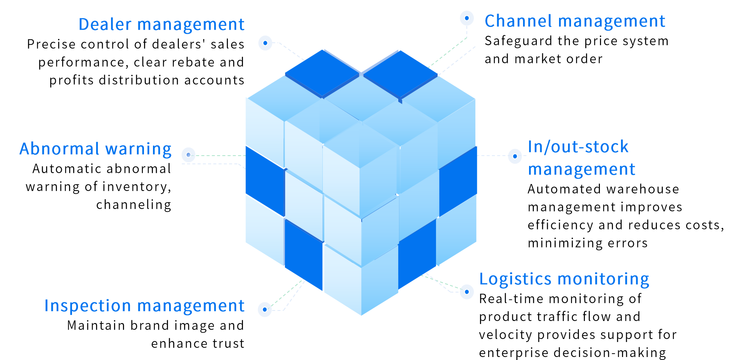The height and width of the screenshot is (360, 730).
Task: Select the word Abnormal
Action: click(x=59, y=149)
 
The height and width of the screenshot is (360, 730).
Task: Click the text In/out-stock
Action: click(x=578, y=147)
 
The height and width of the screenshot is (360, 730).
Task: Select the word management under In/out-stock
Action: click(x=582, y=169)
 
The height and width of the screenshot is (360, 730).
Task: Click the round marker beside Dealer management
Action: click(x=265, y=43)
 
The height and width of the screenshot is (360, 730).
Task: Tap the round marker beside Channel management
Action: click(x=467, y=18)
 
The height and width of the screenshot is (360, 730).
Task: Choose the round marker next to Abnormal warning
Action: click(x=188, y=155)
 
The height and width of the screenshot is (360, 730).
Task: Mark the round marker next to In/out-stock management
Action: click(x=515, y=156)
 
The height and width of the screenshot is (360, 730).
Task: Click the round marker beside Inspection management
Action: click(x=265, y=309)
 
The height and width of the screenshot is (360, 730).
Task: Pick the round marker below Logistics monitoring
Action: click(x=467, y=291)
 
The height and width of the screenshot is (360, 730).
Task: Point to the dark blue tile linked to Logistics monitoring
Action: click(x=417, y=253)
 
